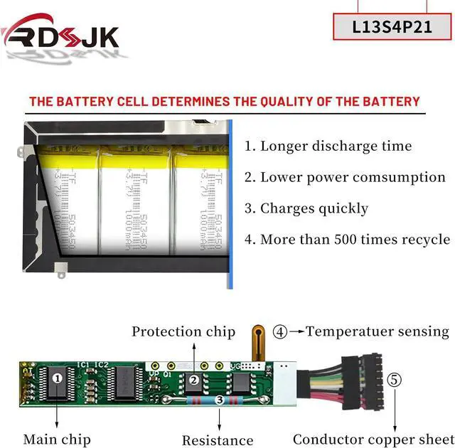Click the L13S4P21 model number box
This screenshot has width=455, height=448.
(x=392, y=27)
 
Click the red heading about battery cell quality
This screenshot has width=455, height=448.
(x=225, y=102)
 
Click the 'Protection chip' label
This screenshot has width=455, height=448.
(x=183, y=331)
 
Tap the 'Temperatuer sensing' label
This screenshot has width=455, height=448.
(x=378, y=331)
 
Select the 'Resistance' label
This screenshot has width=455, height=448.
(x=218, y=440)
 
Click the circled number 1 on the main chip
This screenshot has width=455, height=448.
(x=58, y=378)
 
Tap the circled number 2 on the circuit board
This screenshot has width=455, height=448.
(x=194, y=380)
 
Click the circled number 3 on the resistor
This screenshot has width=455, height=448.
(x=220, y=401)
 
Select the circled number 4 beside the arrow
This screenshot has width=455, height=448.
(x=281, y=331)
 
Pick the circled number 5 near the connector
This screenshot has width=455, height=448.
(x=394, y=379)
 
